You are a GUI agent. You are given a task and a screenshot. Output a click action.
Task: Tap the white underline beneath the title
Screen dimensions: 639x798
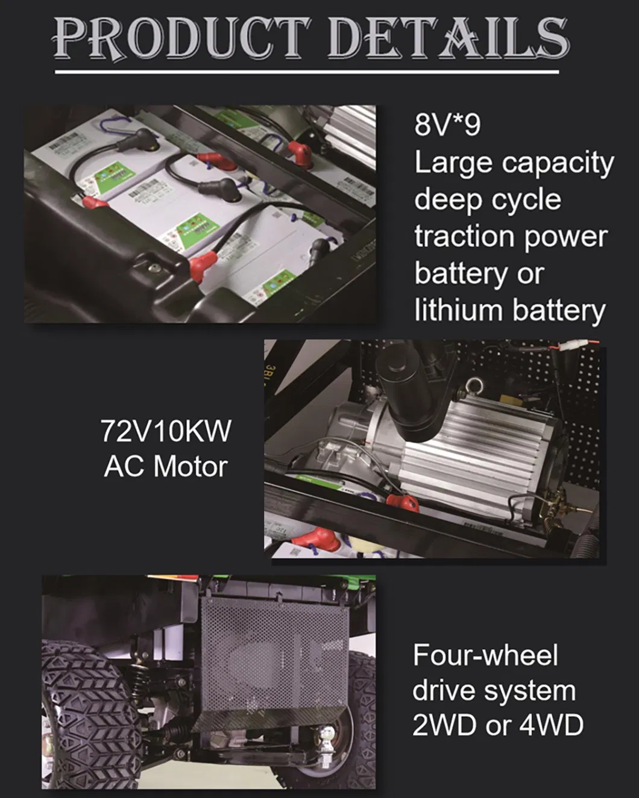point(307,72)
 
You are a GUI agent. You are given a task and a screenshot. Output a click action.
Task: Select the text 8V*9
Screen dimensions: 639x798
point(447,125)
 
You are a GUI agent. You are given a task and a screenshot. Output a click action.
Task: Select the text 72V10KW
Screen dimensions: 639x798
point(166,431)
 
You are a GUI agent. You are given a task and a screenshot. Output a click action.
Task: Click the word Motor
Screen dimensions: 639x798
point(190,467)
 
